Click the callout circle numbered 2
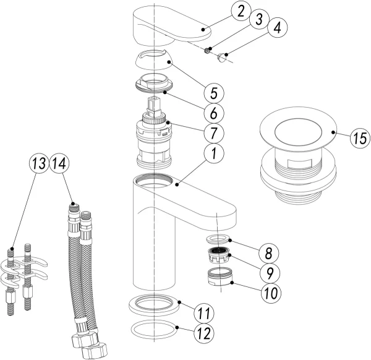click(241, 12)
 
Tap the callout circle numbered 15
click(360, 138)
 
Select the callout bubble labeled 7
click(214, 133)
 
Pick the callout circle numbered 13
click(39, 163)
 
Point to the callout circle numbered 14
click(59, 163)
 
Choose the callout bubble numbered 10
click(271, 293)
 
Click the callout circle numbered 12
click(204, 333)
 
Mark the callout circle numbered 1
click(214, 153)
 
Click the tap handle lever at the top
click(171, 26)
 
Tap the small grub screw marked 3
click(207, 51)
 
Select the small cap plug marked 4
click(221, 58)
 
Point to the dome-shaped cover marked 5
click(154, 59)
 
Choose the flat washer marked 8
click(218, 239)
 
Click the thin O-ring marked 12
click(153, 330)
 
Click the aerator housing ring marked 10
click(219, 276)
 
